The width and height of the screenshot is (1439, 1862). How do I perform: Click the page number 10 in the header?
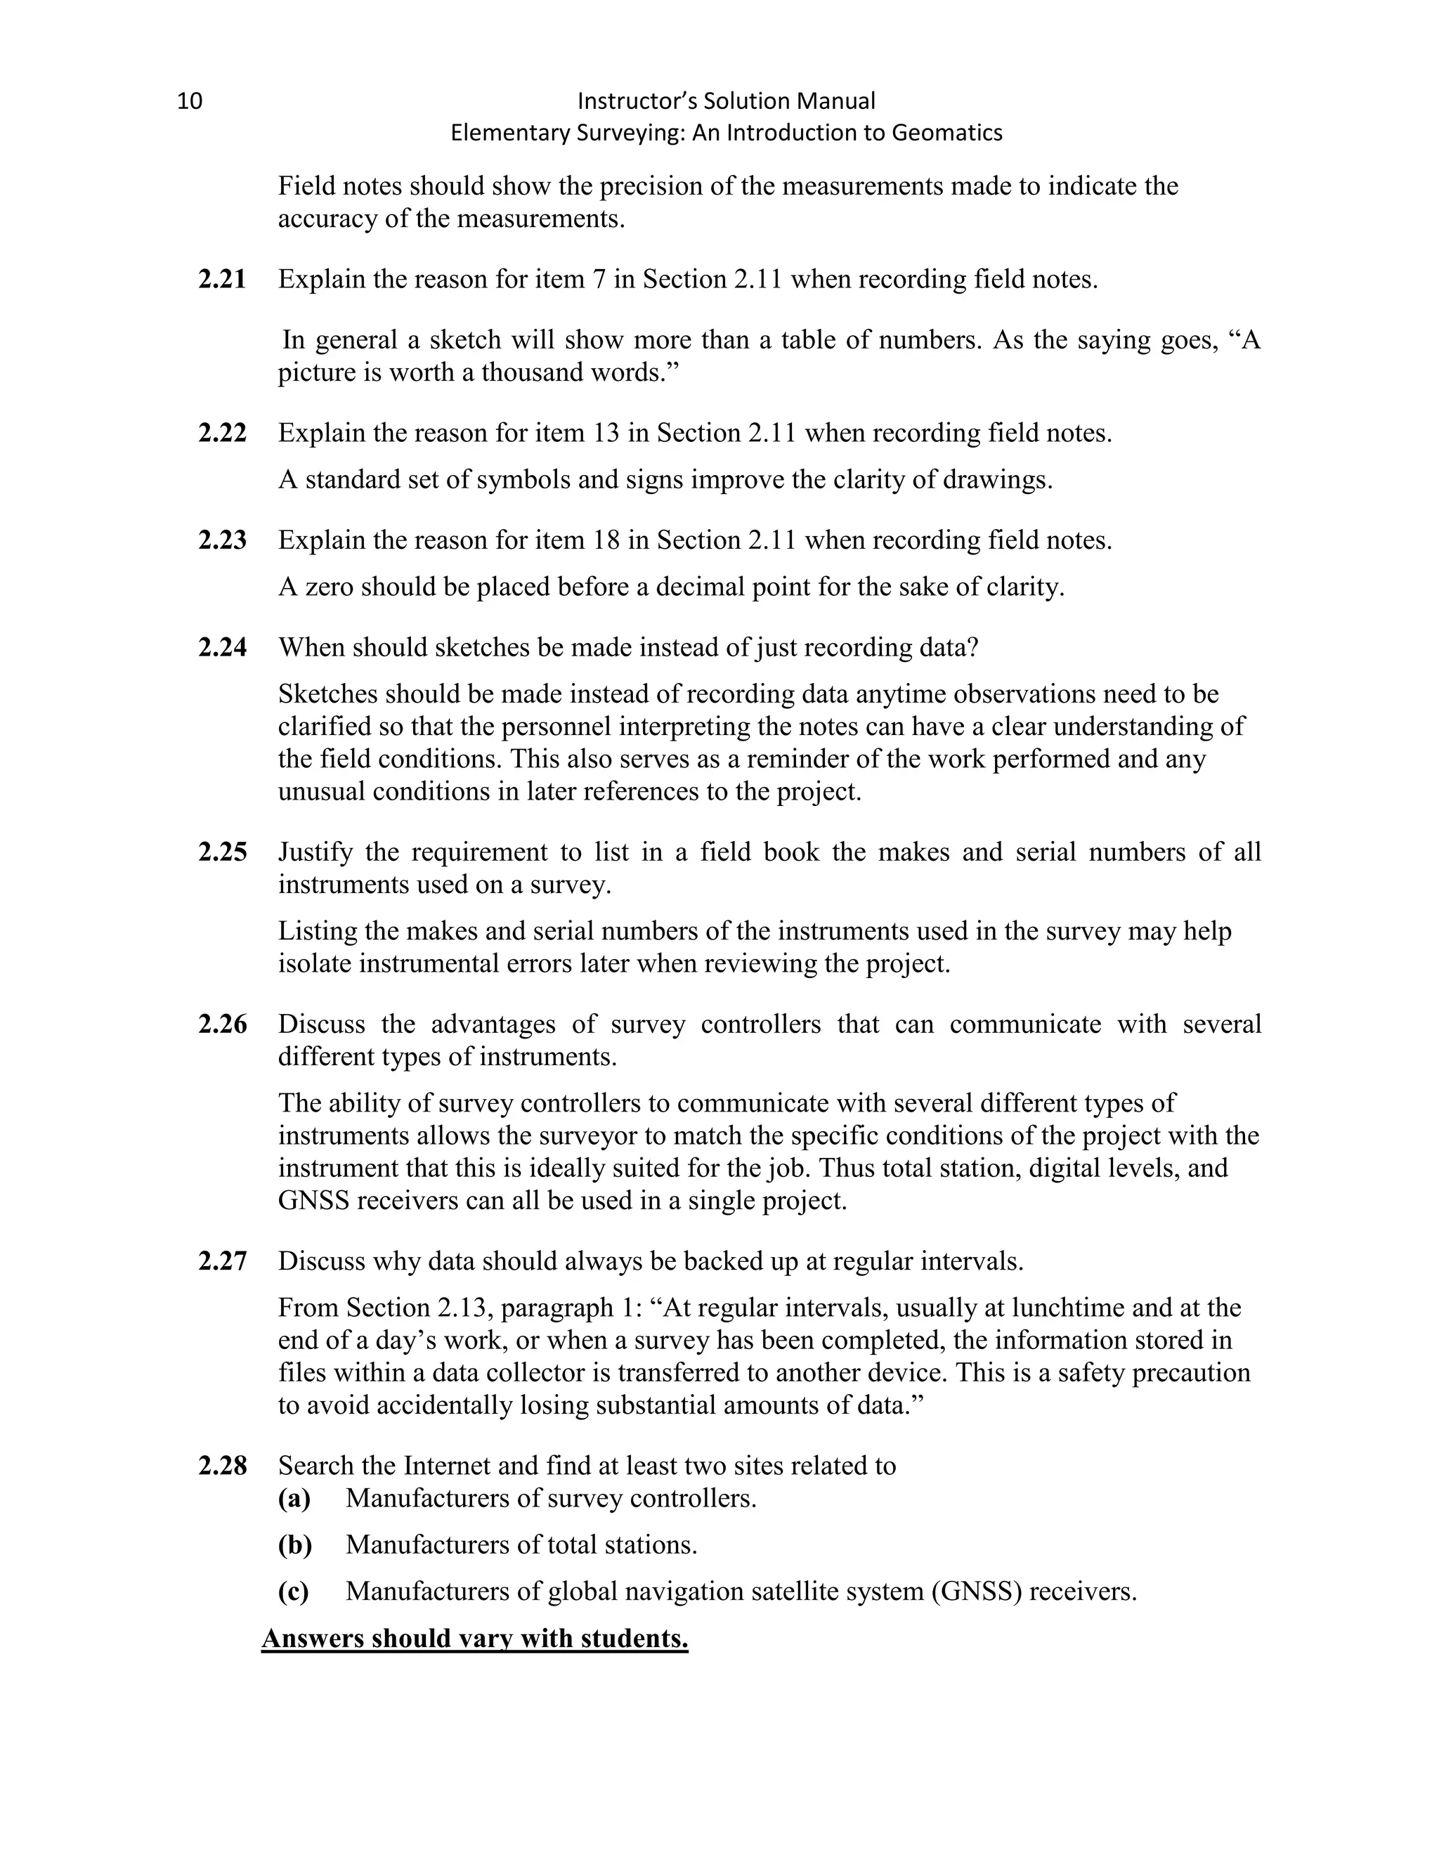[x=189, y=101]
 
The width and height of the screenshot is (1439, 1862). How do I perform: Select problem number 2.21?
[x=223, y=280]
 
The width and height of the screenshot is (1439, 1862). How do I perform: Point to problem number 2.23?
[x=223, y=540]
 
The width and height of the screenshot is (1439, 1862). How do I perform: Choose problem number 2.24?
[x=223, y=648]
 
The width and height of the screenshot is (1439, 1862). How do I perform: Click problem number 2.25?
[x=223, y=852]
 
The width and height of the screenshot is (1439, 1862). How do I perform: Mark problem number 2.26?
[x=223, y=1024]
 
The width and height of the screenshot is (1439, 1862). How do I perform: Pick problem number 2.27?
[x=223, y=1262]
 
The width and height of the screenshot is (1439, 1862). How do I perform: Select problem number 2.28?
[x=223, y=1466]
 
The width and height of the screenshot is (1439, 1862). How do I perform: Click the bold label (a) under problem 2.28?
[x=294, y=1499]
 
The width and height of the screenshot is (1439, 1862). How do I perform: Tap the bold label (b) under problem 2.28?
[x=295, y=1545]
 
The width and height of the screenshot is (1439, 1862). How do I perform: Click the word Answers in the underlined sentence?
[x=313, y=1639]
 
